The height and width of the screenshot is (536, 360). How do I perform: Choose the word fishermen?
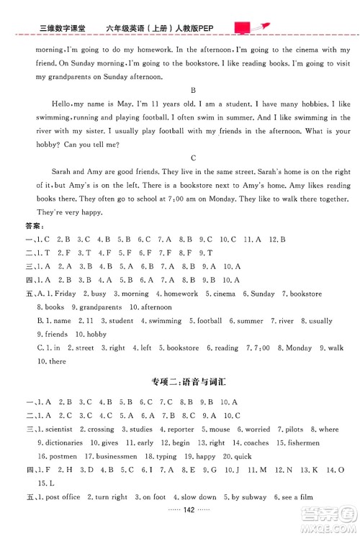pyautogui.click(x=320, y=442)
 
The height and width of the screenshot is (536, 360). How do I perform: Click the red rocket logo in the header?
pyautogui.click(x=251, y=27)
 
